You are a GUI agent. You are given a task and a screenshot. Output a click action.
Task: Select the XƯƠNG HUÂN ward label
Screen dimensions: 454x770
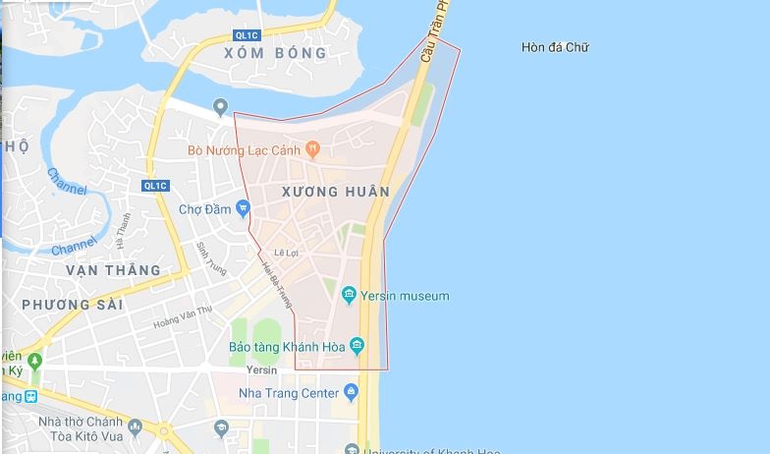[x=335, y=191]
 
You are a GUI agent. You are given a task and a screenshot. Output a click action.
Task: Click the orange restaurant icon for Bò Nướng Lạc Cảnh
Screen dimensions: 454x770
[x=312, y=150]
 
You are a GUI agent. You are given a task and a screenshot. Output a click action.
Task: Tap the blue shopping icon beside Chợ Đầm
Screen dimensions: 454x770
[x=244, y=208]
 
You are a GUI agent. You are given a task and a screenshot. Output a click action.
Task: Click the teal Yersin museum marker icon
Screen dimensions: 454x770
[x=349, y=295]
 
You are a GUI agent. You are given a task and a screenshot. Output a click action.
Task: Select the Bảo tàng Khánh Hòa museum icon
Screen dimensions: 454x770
[x=357, y=346]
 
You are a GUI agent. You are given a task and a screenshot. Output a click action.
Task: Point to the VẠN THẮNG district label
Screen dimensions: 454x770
[x=112, y=269]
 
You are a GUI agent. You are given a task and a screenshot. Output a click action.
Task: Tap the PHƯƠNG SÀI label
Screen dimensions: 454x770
[x=72, y=305]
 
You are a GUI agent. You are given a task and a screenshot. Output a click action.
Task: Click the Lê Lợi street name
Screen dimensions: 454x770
[x=286, y=253]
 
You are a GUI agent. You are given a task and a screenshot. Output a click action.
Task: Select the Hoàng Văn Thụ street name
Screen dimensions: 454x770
[x=183, y=315]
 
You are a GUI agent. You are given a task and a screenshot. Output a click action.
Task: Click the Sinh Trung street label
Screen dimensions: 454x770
[x=211, y=257]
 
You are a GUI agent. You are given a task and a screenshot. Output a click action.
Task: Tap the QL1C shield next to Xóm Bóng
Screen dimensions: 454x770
[x=232, y=34]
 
